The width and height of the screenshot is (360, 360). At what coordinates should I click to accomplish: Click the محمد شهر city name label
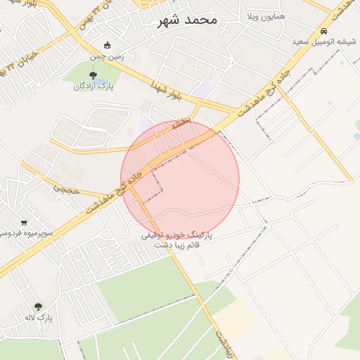pyautogui.click(x=185, y=20)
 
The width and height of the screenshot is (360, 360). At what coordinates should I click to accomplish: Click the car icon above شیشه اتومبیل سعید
pyautogui.click(x=323, y=32)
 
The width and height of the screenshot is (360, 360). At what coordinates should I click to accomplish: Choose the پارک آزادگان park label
pyautogui.click(x=94, y=86)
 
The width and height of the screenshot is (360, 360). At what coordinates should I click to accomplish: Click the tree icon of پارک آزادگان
pyautogui.click(x=94, y=75)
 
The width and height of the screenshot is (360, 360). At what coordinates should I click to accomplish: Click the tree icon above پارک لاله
pyautogui.click(x=37, y=307)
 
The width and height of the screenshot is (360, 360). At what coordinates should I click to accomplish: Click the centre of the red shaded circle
pyautogui.click(x=180, y=180)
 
